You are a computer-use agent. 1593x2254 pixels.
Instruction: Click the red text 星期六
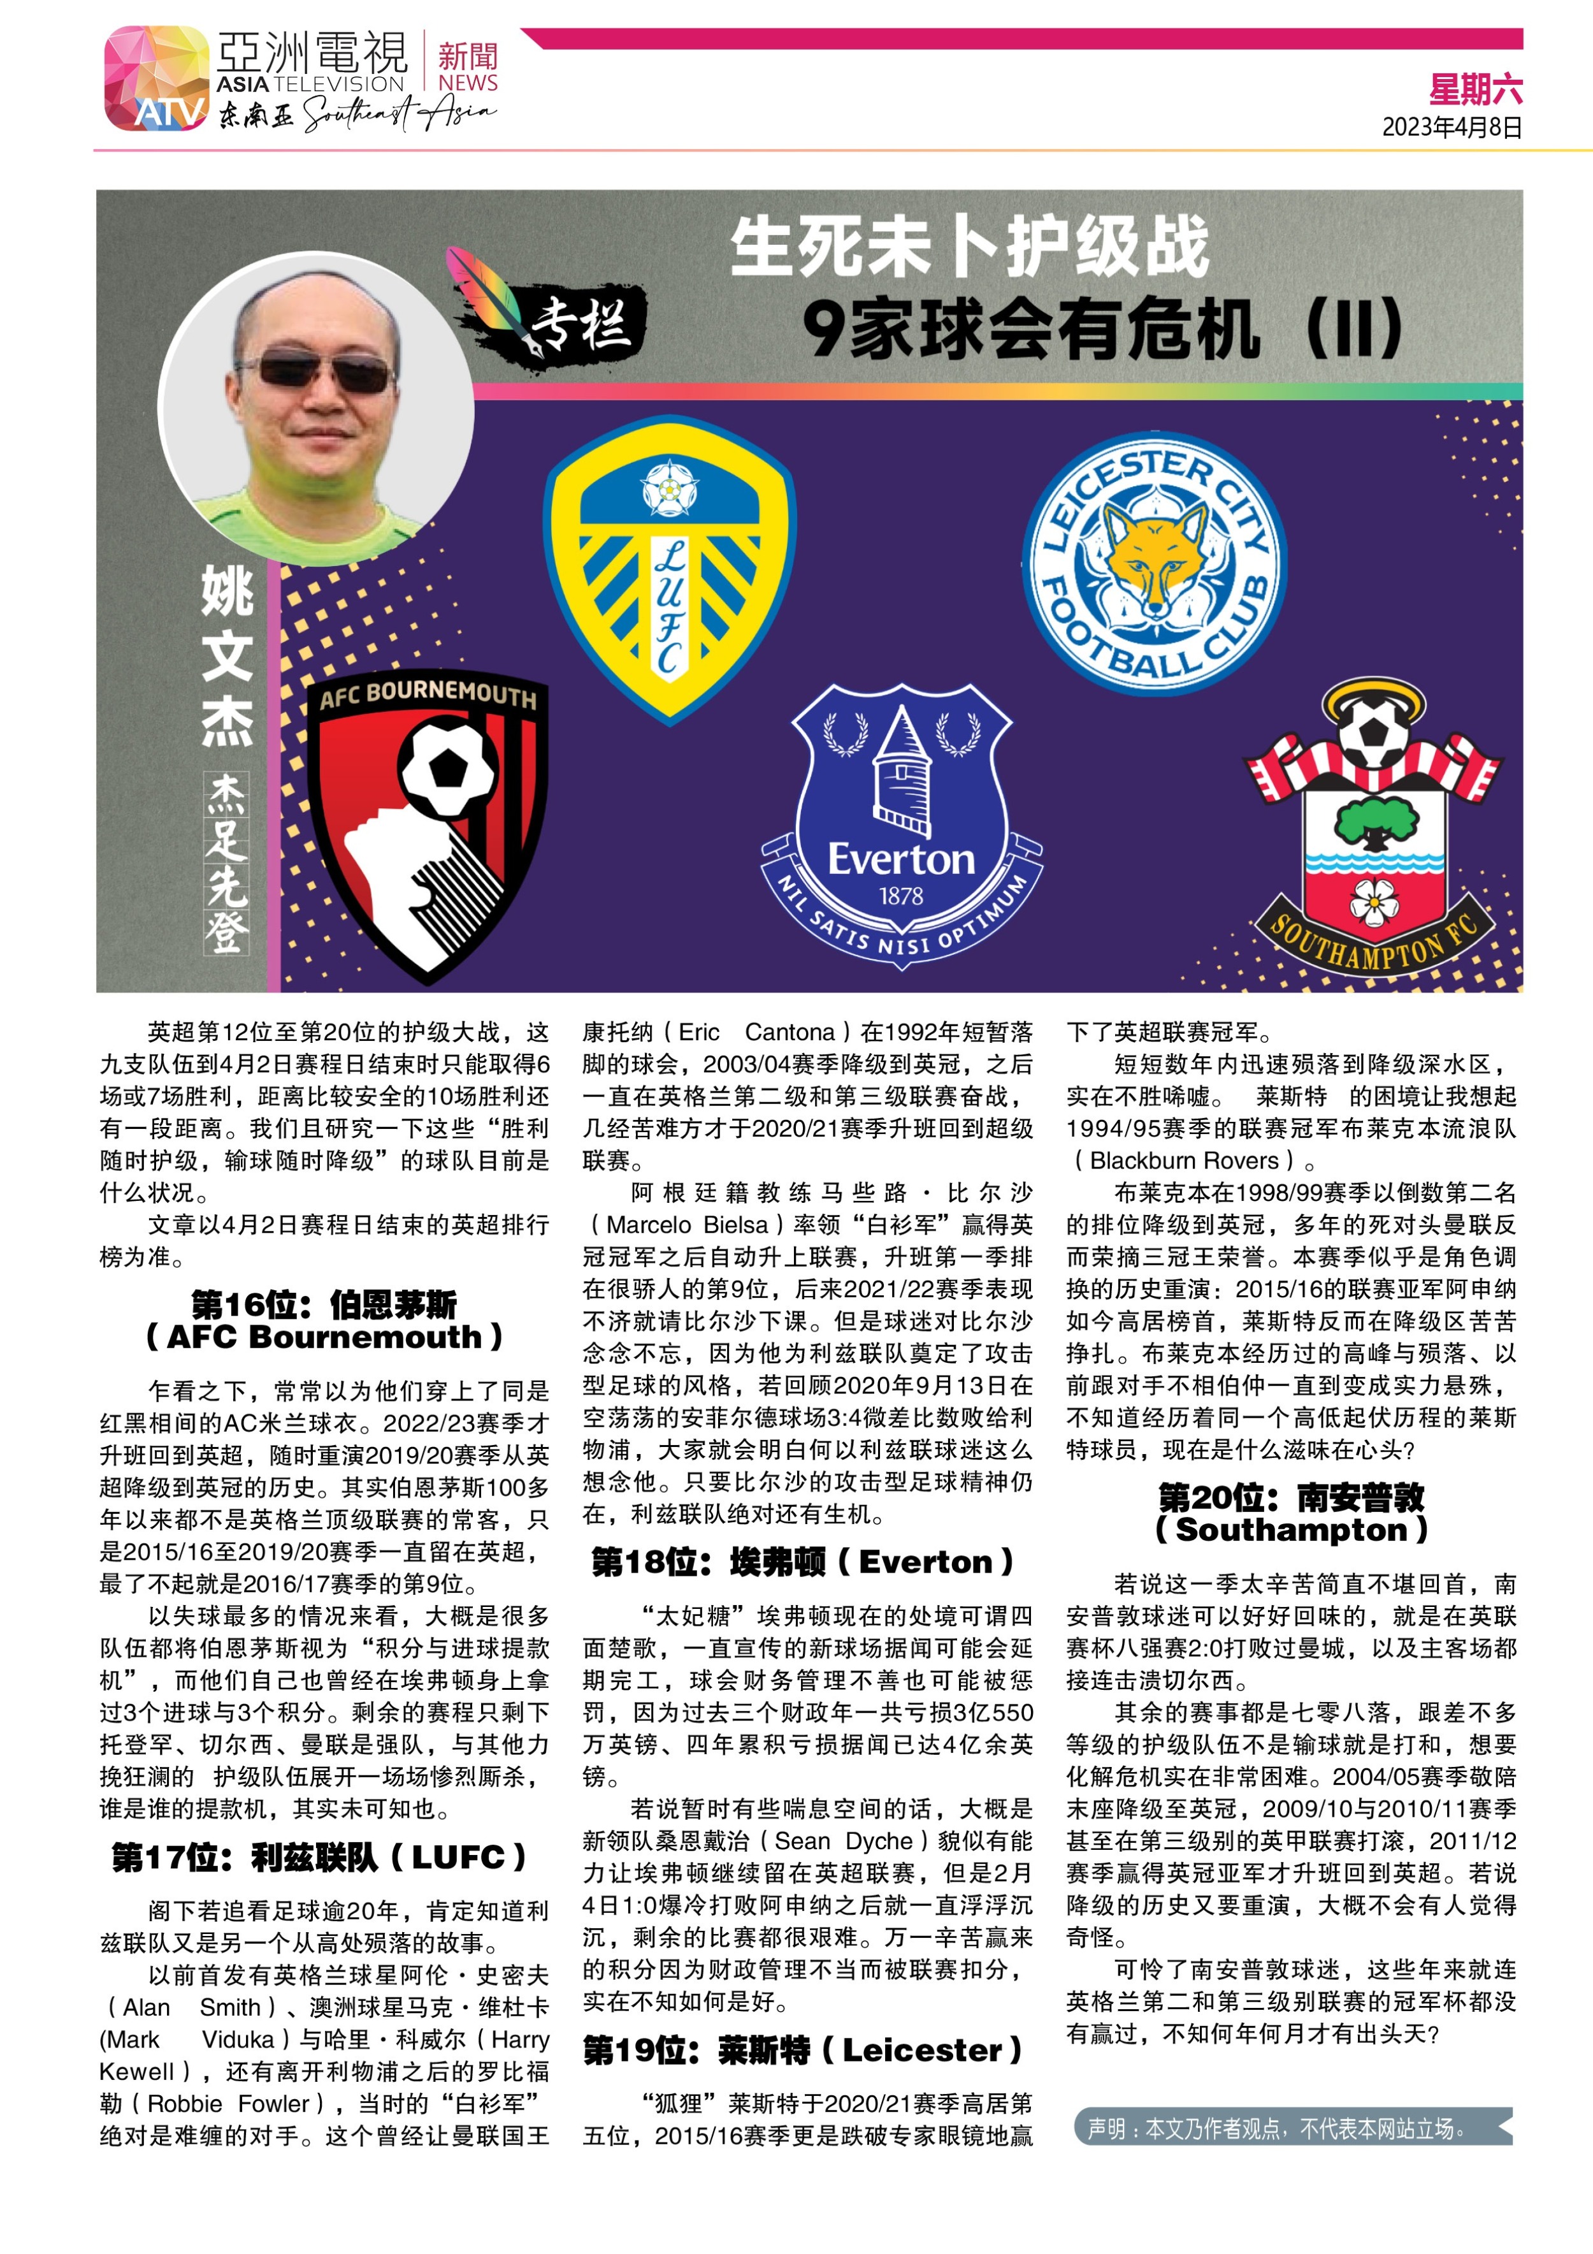click(1475, 91)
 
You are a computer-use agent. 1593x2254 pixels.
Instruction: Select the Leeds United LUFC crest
click(670, 569)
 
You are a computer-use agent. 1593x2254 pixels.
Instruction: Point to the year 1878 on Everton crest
click(900, 896)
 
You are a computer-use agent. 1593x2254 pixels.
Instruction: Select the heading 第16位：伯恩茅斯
click(324, 1305)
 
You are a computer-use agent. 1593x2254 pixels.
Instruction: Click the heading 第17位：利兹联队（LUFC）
click(320, 1858)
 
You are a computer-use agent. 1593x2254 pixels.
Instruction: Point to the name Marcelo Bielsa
click(687, 1225)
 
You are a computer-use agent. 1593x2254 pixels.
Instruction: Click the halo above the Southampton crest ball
click(1372, 699)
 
